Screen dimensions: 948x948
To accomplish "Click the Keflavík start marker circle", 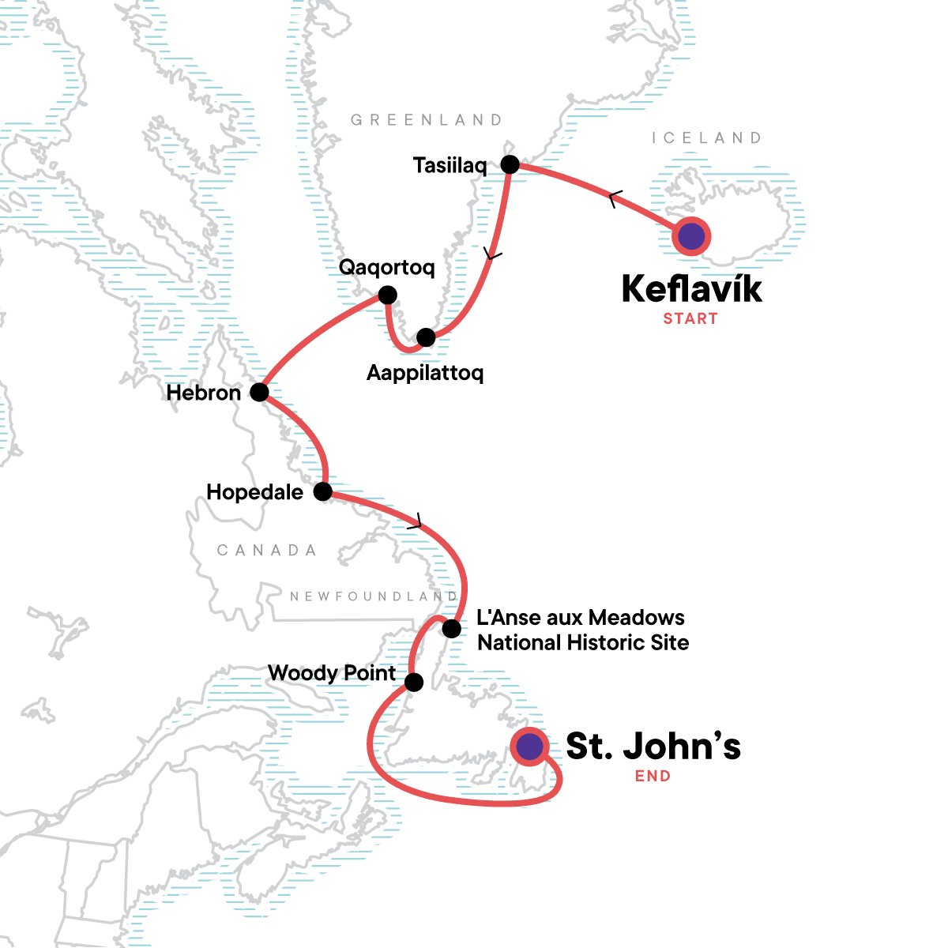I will (x=691, y=236).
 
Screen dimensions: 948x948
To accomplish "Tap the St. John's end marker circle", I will (x=529, y=747).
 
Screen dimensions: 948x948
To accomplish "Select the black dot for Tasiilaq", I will (x=510, y=165).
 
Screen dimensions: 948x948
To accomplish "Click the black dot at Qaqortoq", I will (x=387, y=295).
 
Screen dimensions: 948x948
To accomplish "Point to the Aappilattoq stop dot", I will (x=426, y=337).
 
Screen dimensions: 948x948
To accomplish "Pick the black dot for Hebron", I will (x=259, y=392).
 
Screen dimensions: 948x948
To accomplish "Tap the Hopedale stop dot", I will (x=323, y=492).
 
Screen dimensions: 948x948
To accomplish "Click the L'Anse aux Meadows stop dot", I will (x=451, y=629).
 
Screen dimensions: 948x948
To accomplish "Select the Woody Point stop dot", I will (x=414, y=682).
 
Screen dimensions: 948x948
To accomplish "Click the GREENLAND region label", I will (x=427, y=120).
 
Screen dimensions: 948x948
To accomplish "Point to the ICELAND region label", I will (x=706, y=138).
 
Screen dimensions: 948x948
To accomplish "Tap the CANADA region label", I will (x=267, y=551).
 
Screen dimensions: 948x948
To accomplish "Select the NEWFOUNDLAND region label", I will (x=374, y=596).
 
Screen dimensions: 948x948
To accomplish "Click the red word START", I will (x=690, y=319).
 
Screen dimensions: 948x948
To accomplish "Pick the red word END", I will (x=653, y=777).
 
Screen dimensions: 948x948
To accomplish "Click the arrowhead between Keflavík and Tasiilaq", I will (x=615, y=199).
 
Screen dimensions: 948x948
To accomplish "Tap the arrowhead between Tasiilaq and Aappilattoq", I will (x=493, y=255).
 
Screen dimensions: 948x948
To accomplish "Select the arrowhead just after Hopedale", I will (x=416, y=522).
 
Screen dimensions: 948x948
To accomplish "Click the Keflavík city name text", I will (x=692, y=289).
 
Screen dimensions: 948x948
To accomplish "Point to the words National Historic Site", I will (x=583, y=643).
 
